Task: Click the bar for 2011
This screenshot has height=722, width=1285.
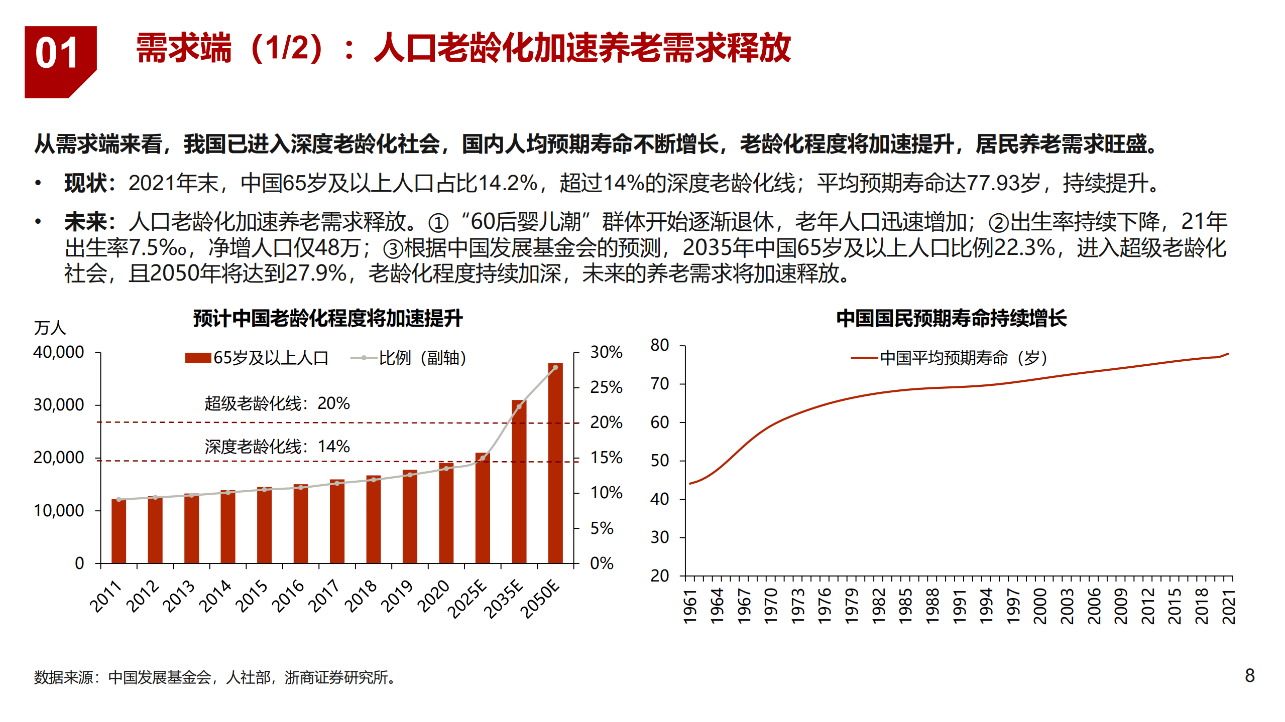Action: (x=119, y=532)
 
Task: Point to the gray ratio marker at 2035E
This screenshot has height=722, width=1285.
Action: (x=519, y=406)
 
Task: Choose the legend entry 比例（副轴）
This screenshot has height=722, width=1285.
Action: (x=409, y=358)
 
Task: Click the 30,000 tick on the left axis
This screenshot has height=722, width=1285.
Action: (x=59, y=405)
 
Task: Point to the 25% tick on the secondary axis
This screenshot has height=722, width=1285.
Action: (x=606, y=387)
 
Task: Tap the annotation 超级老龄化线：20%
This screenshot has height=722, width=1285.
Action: (x=277, y=403)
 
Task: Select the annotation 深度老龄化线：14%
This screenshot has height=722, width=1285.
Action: (x=277, y=447)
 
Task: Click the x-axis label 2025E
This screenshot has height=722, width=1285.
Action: (x=468, y=598)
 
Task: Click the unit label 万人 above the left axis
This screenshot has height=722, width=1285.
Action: (x=50, y=328)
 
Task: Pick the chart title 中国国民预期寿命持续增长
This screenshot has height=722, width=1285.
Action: (x=951, y=318)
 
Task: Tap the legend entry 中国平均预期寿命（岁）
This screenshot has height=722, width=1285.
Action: (x=949, y=358)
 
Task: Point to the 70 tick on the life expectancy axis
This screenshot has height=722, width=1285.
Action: (x=659, y=384)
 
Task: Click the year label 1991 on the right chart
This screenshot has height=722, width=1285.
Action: (x=959, y=606)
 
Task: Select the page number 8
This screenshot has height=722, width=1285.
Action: (x=1250, y=675)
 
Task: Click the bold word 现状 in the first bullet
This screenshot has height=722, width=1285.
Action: (x=86, y=183)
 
